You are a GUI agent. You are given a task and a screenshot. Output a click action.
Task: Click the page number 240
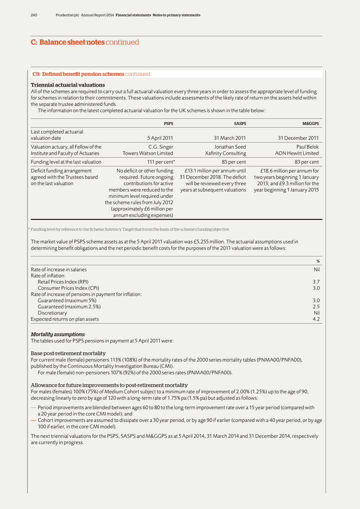point(34,15)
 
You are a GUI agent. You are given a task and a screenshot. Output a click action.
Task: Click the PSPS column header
point(168,123)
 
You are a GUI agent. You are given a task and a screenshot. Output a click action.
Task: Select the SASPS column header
point(240,123)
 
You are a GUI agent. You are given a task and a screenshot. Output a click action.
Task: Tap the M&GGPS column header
point(310,123)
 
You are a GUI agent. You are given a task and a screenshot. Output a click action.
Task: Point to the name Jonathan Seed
point(230,146)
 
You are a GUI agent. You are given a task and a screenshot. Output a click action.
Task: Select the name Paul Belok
point(307,146)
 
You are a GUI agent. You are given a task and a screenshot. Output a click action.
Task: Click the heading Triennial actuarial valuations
point(67,85)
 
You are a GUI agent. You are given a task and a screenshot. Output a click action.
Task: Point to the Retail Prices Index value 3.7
point(316,281)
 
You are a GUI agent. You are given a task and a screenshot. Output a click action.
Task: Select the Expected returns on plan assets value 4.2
point(316,319)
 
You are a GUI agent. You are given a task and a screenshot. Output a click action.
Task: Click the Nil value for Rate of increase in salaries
point(316,269)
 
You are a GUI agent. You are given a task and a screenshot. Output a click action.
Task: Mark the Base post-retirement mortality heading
point(68,353)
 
